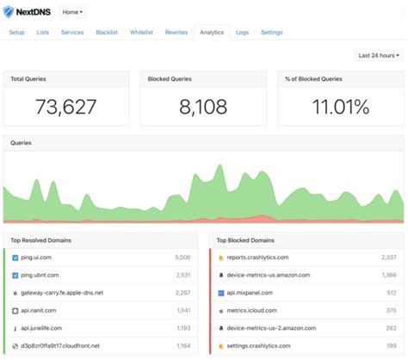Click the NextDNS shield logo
[x=9, y=12]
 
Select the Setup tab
[x=16, y=33]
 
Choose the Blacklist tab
[x=108, y=33]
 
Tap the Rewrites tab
[x=176, y=33]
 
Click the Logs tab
[x=243, y=33]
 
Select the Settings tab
[x=271, y=33]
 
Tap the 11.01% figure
[x=340, y=108]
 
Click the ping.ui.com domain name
[x=40, y=257]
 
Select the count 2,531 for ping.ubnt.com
[x=182, y=275]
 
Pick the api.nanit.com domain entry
[x=39, y=310]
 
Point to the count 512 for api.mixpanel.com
[x=390, y=292]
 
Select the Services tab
[x=72, y=33]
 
